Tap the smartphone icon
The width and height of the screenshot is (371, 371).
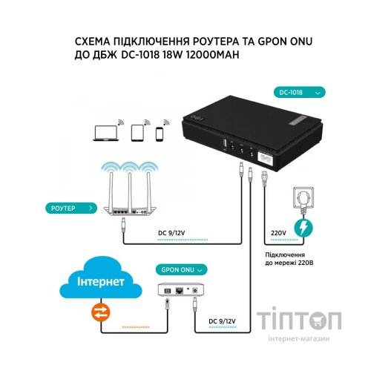[x=157, y=134]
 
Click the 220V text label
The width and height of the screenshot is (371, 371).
[x=277, y=232]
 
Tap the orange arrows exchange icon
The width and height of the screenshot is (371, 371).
[x=99, y=312]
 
